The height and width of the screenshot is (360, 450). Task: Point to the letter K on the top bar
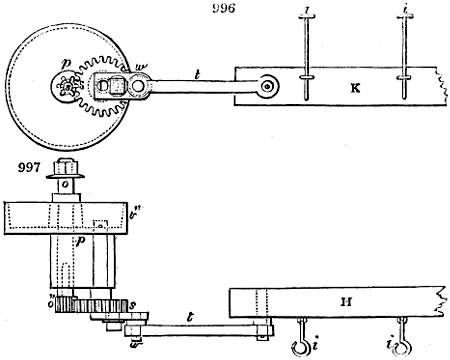click(x=355, y=89)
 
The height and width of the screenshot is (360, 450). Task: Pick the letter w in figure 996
click(x=141, y=68)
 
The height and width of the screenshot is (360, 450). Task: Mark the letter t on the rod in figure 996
click(x=197, y=74)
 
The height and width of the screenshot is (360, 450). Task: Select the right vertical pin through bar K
click(x=404, y=55)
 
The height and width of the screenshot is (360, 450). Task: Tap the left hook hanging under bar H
click(x=298, y=346)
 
